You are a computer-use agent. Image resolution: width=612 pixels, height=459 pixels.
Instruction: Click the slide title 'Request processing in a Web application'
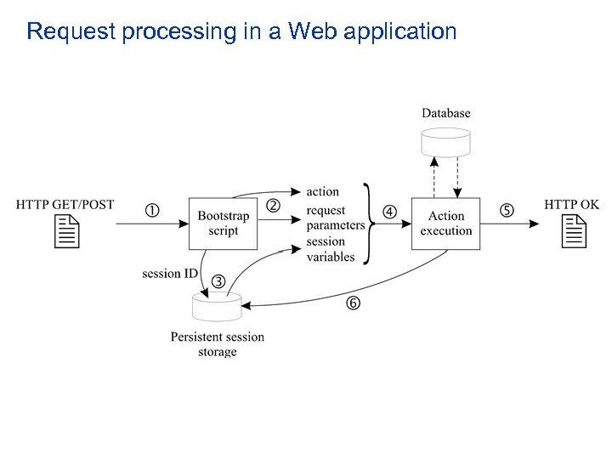tap(241, 32)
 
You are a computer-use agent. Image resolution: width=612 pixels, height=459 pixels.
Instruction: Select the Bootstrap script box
tap(223, 224)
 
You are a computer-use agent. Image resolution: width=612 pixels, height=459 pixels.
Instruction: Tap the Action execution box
tap(445, 224)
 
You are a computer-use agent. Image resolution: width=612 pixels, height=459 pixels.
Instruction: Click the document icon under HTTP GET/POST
tap(66, 231)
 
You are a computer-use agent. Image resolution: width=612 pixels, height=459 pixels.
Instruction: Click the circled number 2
tap(274, 206)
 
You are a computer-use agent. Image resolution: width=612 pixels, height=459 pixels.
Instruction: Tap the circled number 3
tap(218, 281)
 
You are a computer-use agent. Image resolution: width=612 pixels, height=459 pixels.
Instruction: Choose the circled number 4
tap(389, 212)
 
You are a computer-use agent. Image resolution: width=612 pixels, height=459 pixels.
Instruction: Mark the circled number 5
tap(507, 211)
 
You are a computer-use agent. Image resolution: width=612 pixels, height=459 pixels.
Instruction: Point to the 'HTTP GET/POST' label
tap(65, 205)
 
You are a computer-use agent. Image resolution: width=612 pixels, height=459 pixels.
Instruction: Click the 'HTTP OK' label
tap(571, 205)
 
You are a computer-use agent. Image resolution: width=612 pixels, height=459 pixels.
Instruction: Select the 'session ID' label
tap(169, 274)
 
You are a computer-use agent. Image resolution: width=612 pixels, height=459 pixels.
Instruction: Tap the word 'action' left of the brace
tap(322, 191)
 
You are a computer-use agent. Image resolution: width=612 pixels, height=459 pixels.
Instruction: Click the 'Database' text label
tap(445, 113)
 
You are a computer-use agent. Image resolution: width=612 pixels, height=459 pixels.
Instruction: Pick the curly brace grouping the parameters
tap(370, 224)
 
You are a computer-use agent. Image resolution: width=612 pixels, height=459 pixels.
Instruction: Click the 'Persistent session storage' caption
tap(218, 344)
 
